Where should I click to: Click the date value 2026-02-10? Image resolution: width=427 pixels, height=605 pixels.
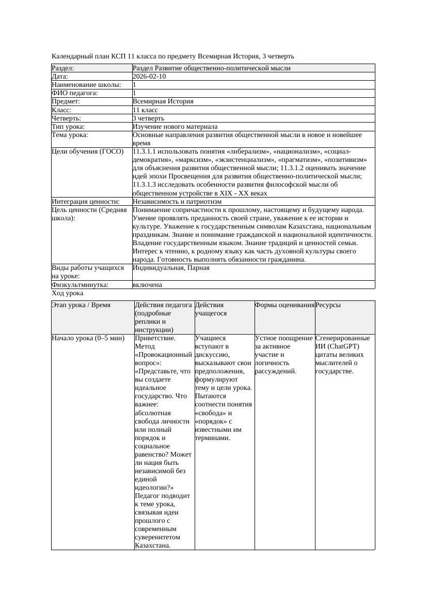[149, 77]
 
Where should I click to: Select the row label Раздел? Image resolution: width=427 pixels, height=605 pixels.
[63, 68]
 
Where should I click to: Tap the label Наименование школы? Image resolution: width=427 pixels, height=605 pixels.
[86, 85]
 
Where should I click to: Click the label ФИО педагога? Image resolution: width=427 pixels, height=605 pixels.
[75, 93]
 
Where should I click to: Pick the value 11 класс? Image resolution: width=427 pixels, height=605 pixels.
[145, 110]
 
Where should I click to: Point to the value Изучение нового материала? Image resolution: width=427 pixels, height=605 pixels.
[175, 127]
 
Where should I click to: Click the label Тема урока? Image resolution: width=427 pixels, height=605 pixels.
[70, 135]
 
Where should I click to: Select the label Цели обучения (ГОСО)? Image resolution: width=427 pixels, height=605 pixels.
[88, 152]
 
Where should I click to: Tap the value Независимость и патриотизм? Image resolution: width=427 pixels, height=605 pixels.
[177, 202]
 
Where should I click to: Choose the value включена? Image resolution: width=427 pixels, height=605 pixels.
[147, 285]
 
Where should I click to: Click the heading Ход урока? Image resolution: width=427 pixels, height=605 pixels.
[67, 293]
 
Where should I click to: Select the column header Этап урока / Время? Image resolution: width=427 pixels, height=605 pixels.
[81, 305]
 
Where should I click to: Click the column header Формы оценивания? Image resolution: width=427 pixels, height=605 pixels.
[284, 305]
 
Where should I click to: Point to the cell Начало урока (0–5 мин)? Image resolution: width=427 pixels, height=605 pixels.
[88, 338]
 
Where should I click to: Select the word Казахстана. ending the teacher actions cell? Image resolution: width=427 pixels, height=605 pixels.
[152, 545]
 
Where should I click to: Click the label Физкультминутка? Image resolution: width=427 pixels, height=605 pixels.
[80, 285]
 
